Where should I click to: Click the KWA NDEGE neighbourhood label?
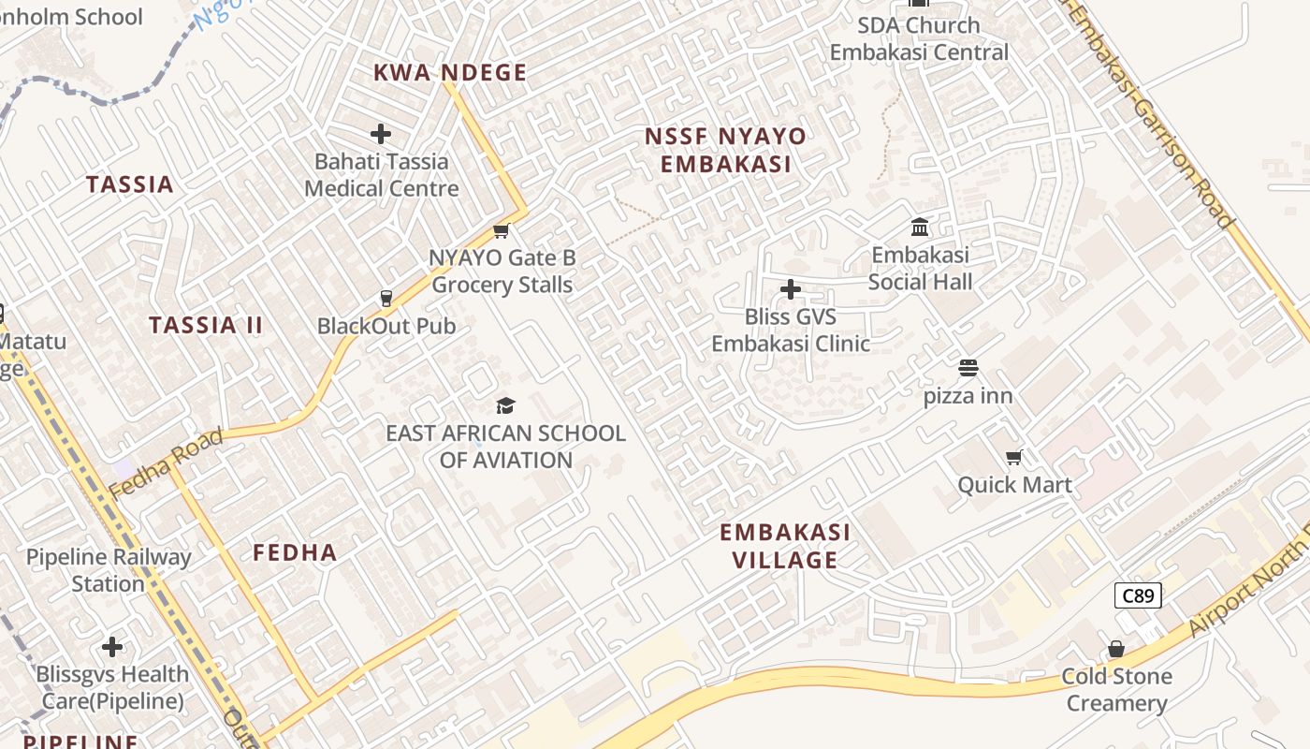coord(450,72)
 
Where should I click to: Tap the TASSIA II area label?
coord(206,325)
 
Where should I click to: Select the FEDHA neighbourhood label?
coord(295,552)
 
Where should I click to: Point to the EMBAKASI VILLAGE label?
coord(785,546)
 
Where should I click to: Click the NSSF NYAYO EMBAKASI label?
coord(725,150)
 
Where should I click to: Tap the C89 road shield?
coord(1138,595)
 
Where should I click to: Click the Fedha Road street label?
coord(166,463)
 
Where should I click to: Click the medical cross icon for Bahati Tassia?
coord(381,134)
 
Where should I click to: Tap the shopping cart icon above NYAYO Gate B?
coord(501,230)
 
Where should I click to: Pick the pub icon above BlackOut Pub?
coord(386,299)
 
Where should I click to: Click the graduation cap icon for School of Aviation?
coord(505,405)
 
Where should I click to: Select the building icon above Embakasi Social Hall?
coord(920,228)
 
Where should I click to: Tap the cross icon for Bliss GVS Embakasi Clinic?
coord(791,289)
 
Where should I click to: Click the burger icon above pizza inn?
coord(968,369)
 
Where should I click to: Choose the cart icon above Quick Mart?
coord(1013,458)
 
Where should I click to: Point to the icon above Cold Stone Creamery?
coord(1115,649)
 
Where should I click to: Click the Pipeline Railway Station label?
coord(109,570)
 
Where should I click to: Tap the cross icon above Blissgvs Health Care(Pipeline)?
coord(112,647)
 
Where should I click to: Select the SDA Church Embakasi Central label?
coord(919,38)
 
